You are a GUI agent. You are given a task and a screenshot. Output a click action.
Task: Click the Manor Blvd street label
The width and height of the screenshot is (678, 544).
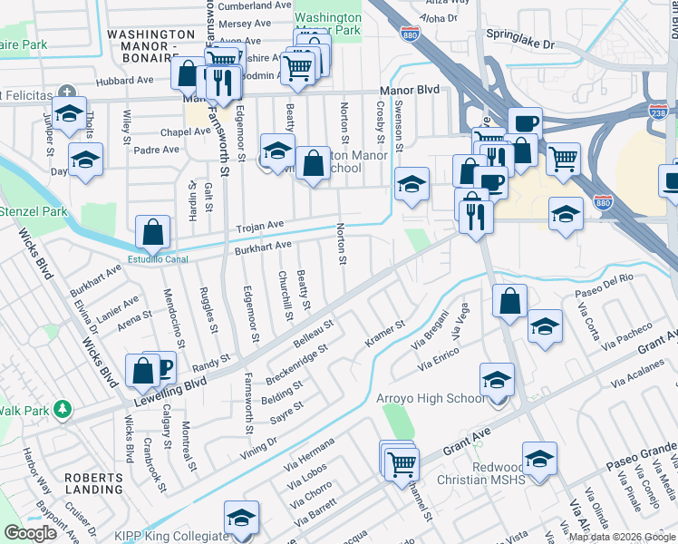point(409,91)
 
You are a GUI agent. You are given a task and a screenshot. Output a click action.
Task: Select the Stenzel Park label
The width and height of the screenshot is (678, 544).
point(34,211)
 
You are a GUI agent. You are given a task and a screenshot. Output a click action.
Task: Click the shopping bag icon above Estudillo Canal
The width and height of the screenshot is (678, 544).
point(153,231)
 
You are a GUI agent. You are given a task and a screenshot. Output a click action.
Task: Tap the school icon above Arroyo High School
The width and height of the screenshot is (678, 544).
point(497,379)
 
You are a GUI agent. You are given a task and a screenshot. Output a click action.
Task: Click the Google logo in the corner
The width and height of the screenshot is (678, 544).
point(30,533)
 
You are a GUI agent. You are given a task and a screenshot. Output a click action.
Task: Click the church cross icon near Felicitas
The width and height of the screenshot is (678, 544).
point(66,92)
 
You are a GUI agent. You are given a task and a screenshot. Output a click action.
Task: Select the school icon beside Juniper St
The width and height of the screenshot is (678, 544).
point(68,113)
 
